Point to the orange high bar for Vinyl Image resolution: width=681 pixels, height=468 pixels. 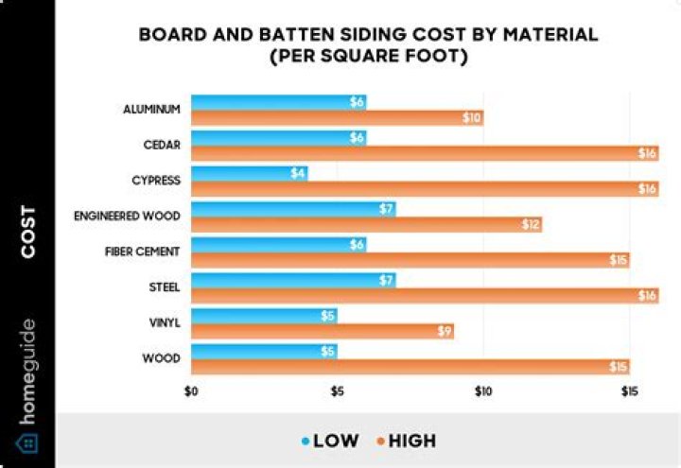tap(322, 331)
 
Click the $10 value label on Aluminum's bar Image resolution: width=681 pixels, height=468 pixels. tap(472, 117)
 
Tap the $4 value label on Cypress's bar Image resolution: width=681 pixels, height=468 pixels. tap(297, 173)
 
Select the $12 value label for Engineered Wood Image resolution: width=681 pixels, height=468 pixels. tap(531, 224)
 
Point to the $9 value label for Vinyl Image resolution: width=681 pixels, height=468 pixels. tap(444, 331)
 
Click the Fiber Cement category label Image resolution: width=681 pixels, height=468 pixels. tap(142, 251)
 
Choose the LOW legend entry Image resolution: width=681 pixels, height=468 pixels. tap(332, 441)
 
